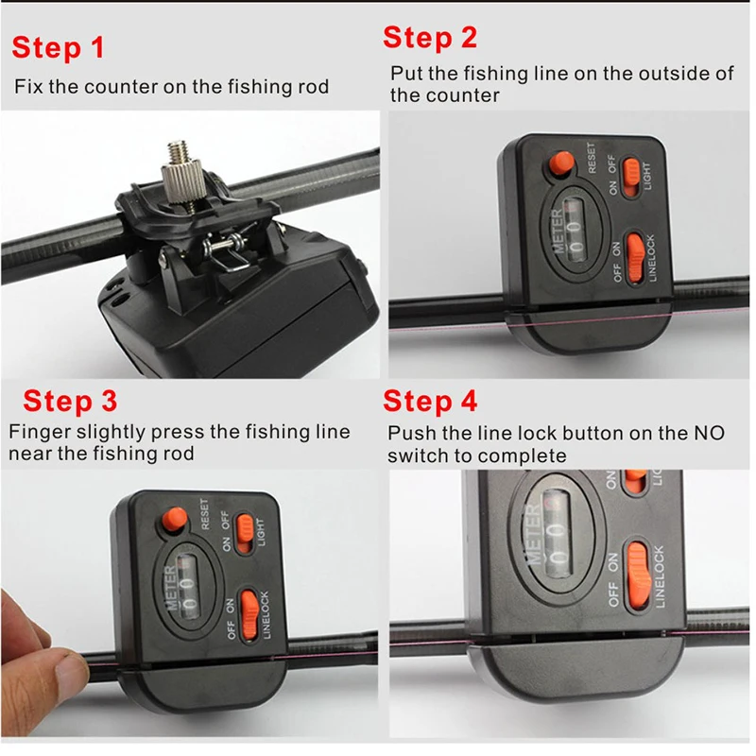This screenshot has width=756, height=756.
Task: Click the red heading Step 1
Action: coord(59,48)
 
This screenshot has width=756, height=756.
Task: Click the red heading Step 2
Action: coord(430,38)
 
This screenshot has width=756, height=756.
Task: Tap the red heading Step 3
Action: coord(70,401)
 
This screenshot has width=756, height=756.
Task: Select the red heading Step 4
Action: coord(430,401)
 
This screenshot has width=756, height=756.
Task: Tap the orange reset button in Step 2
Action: coord(561,163)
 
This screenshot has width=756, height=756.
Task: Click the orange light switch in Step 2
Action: coord(630,177)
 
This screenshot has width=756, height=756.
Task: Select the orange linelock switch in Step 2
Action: coord(635,257)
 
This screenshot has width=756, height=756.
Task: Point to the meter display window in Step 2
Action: coord(574,231)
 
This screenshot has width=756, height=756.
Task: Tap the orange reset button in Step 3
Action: coord(175,520)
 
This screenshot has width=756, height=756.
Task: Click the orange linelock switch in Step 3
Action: coord(249,615)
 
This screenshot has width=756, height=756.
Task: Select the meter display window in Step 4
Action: coord(557,532)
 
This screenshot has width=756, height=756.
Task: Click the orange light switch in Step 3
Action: coord(245,533)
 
